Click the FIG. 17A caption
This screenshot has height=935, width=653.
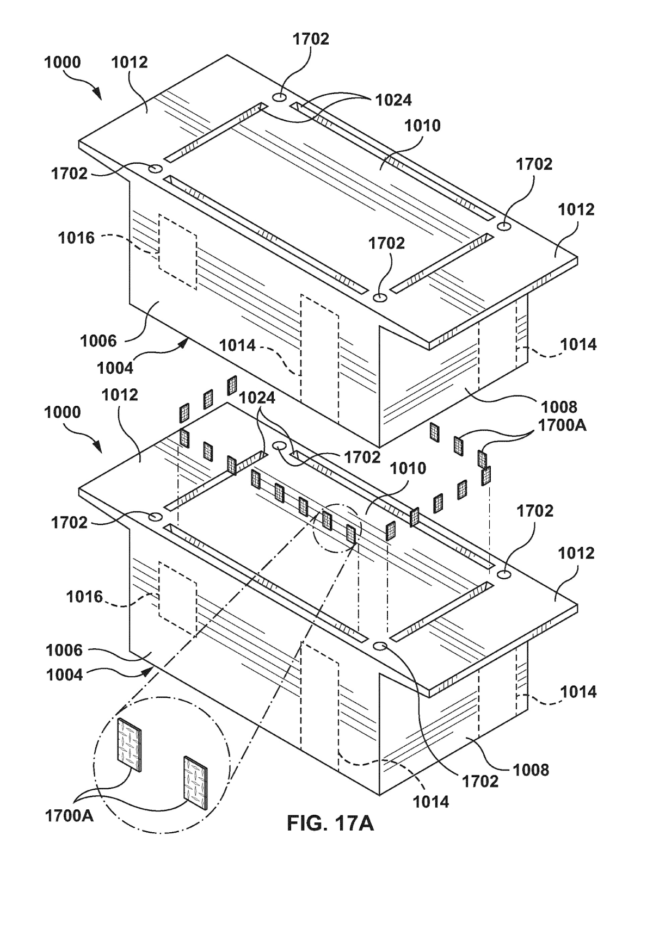(330, 823)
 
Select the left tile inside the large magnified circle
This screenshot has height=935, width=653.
(128, 742)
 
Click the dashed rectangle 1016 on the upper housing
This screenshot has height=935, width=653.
(177, 251)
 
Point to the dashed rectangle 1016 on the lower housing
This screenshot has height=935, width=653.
(177, 599)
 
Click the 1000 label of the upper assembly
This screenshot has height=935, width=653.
(63, 62)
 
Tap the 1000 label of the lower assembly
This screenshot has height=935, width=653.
(63, 412)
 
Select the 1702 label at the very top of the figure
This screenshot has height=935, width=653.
(311, 39)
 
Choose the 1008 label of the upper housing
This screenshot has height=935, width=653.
(559, 406)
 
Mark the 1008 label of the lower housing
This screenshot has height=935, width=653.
(531, 770)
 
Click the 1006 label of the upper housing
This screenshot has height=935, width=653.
(98, 341)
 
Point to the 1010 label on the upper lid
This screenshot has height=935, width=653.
(422, 126)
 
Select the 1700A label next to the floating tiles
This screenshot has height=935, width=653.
(563, 425)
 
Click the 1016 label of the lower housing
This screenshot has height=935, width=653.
(84, 597)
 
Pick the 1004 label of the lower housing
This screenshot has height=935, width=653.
(64, 674)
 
